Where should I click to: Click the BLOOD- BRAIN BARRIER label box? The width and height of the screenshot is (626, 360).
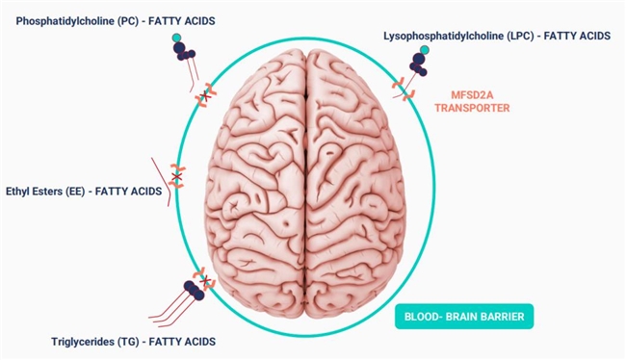pos(464,317)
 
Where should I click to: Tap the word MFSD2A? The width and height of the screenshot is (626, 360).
pos(472,95)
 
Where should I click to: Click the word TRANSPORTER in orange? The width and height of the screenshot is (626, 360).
pos(472,108)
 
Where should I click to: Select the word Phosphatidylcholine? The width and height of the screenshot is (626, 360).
pos(65,21)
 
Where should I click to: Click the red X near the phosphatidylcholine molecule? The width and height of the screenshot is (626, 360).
pos(205,95)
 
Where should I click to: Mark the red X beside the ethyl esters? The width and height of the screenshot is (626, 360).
pos(176,176)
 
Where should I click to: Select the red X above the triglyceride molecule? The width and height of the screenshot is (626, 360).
pos(205,282)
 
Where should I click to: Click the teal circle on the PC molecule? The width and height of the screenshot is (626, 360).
pos(176,38)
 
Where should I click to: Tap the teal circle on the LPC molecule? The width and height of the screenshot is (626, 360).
pos(425,49)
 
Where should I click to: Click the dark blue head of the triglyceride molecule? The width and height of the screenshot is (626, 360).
pos(195,290)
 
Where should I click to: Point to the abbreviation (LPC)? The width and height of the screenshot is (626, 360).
pos(521,36)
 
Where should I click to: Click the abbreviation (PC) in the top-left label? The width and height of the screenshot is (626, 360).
pos(128,21)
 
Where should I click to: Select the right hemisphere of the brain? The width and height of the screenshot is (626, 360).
pos(355,184)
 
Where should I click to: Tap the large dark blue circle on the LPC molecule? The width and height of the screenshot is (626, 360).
pos(418,60)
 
